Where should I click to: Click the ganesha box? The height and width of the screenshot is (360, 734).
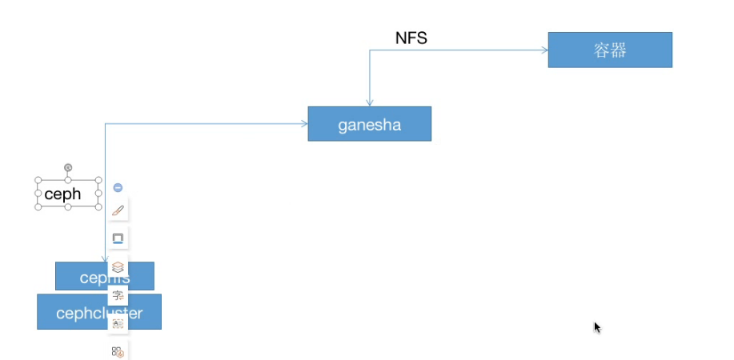tap(369, 124)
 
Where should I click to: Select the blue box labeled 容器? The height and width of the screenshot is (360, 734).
tap(609, 50)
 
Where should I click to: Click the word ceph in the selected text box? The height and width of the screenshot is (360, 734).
tap(62, 194)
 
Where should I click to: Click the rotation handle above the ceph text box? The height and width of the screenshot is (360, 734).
tap(68, 167)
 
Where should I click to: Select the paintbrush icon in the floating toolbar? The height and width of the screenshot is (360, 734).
tap(118, 210)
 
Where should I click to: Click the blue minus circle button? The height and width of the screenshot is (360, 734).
tap(118, 187)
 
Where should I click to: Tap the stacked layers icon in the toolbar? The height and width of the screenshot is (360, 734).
tap(118, 267)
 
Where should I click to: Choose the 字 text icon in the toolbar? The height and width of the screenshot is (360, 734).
tap(118, 295)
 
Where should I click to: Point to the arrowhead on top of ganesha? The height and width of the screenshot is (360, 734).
tap(369, 102)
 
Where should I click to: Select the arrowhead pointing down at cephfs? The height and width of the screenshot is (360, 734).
tap(105, 258)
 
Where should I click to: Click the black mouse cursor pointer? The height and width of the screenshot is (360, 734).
tap(597, 327)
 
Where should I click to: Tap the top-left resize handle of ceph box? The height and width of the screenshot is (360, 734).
tap(37, 181)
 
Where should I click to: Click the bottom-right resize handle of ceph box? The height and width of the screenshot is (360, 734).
tap(98, 206)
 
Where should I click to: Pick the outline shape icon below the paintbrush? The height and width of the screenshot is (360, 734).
tap(118, 238)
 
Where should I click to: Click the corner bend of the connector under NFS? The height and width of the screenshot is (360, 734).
tap(369, 50)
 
